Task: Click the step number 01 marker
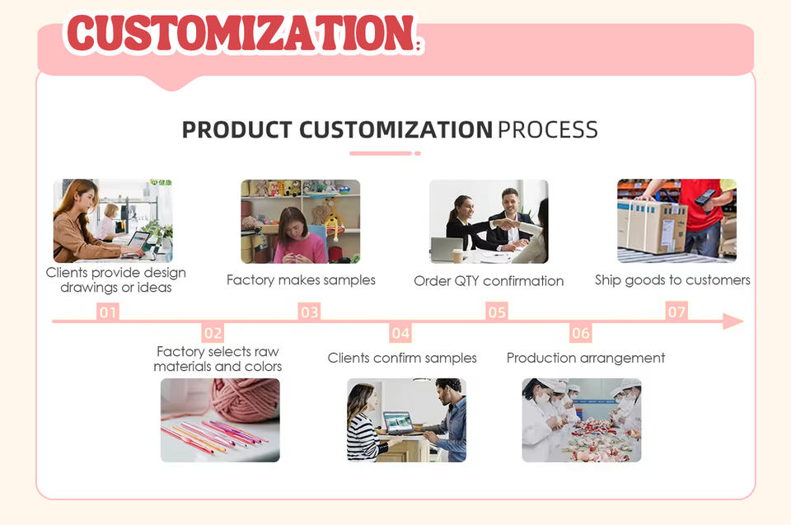click(x=107, y=312)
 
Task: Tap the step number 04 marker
click(x=400, y=333)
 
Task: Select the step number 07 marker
click(x=676, y=312)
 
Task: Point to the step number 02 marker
click(x=213, y=333)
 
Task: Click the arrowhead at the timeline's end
click(x=733, y=321)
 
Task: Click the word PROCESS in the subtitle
click(x=548, y=129)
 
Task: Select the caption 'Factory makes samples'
click(x=302, y=280)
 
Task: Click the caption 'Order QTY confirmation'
click(x=489, y=281)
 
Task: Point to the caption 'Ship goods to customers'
click(x=672, y=280)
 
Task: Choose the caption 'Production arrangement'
click(x=586, y=358)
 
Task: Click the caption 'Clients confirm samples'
click(x=402, y=358)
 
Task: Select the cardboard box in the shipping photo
click(x=652, y=226)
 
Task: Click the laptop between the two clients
click(x=398, y=423)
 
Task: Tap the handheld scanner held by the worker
click(x=704, y=197)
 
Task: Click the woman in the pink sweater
click(x=297, y=236)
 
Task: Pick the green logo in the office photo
click(x=161, y=183)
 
